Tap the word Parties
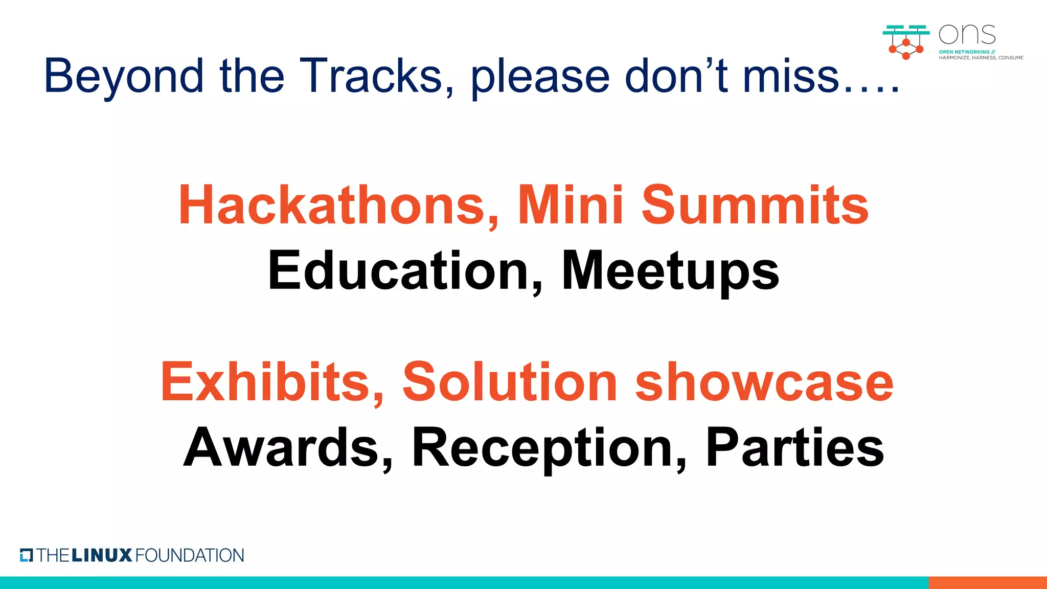click(795, 448)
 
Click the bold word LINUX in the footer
click(102, 555)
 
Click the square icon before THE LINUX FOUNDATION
click(27, 555)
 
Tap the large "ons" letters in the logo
click(967, 35)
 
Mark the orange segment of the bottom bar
click(987, 582)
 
